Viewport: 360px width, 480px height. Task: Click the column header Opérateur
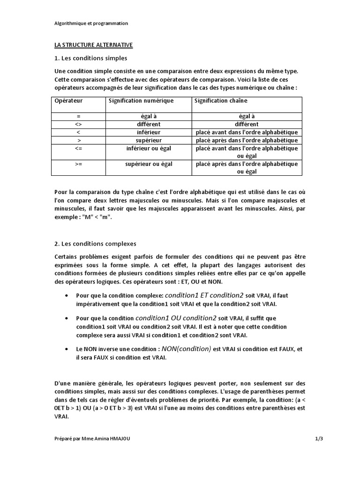[x=68, y=101]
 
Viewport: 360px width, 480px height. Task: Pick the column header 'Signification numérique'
[x=141, y=101]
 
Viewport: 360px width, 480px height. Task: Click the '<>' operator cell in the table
[x=78, y=124]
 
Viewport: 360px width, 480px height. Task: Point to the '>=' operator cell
[x=78, y=164]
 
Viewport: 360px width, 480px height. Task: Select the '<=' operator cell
[x=78, y=148]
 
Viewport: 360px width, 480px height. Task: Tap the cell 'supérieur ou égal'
[x=148, y=164]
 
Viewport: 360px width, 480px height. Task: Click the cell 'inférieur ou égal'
[x=148, y=148]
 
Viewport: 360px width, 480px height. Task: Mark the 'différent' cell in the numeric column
[x=148, y=124]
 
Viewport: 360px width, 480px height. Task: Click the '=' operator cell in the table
[x=78, y=116]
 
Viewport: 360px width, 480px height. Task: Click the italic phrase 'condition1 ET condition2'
[x=204, y=295]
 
